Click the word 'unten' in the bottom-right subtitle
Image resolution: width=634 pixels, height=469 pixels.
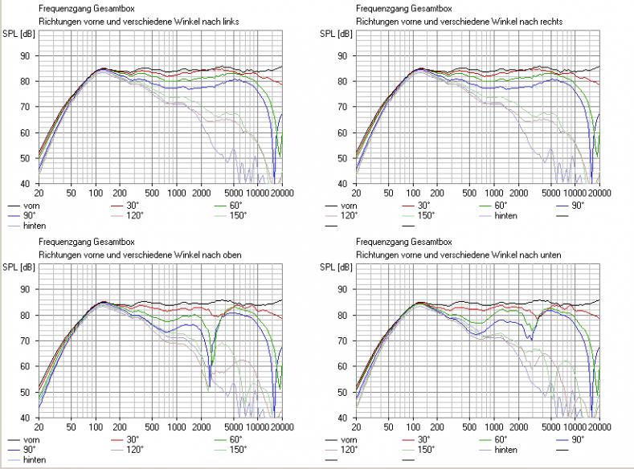[x=549, y=254]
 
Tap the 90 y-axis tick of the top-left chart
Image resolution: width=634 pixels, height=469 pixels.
[x=26, y=56]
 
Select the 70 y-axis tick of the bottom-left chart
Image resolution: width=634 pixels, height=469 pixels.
[x=26, y=341]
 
